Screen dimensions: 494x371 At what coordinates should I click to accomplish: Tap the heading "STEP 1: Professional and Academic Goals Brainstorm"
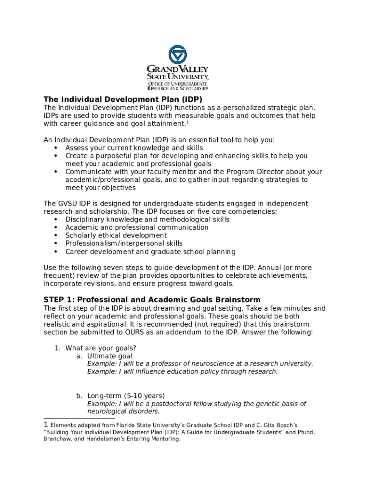click(x=152, y=300)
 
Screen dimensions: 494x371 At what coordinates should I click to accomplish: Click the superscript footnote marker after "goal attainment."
click(x=187, y=122)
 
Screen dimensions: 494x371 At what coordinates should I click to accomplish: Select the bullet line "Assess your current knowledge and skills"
click(x=134, y=148)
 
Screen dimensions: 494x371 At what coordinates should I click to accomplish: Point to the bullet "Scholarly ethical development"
click(x=116, y=235)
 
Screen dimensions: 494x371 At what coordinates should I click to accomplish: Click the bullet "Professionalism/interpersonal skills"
click(x=124, y=244)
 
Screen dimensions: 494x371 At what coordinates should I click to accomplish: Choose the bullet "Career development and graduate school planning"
click(x=150, y=252)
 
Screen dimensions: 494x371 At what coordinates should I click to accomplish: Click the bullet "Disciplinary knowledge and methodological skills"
click(x=147, y=220)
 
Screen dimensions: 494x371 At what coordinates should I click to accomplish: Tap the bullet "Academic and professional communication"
click(x=137, y=228)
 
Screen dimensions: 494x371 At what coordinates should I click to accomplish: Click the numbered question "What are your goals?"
click(x=101, y=348)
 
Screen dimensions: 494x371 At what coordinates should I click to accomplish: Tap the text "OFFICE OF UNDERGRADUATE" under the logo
click(x=177, y=83)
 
